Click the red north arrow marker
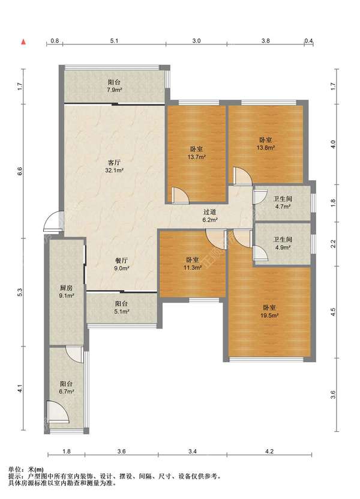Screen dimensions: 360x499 [23, 41]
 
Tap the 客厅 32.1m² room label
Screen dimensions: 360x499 [114, 166]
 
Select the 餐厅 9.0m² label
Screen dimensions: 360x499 [121, 264]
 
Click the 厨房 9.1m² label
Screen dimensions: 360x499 [66, 291]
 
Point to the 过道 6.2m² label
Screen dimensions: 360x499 [209, 216]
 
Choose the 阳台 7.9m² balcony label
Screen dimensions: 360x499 [114, 86]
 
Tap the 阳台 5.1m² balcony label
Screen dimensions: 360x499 [121, 307]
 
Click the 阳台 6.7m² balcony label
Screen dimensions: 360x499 [66, 388]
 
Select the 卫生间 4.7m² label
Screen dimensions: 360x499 [283, 202]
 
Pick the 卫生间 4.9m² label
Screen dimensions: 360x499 [283, 243]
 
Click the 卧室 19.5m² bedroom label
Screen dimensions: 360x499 [269, 312]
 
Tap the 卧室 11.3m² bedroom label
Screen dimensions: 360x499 [193, 264]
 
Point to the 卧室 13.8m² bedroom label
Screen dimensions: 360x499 [266, 144]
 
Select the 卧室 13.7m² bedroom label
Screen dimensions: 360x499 [196, 153]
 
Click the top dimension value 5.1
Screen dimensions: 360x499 [114, 41]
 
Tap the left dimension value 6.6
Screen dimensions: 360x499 [20, 171]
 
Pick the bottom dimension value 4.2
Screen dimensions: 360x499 [269, 451]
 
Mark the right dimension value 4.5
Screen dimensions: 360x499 [333, 312]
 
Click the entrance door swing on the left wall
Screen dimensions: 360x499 [52, 221]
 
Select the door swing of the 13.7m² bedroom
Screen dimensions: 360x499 [180, 195]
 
